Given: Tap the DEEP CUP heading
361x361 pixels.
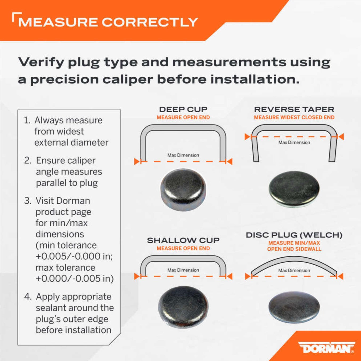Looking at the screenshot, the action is (183, 109).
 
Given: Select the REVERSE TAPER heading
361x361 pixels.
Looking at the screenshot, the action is (294, 109).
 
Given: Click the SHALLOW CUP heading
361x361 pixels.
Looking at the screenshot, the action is (183, 240).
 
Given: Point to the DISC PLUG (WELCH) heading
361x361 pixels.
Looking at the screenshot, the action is (294, 235).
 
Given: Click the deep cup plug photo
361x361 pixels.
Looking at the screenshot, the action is (183, 189).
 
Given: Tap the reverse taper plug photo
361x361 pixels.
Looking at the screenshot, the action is (294, 189).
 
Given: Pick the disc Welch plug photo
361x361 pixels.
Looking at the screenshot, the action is (294, 307).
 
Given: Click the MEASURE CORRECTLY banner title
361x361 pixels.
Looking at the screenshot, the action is (108, 22).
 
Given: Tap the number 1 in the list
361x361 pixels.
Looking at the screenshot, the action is (27, 120).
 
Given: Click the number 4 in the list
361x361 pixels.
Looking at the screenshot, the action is (27, 297).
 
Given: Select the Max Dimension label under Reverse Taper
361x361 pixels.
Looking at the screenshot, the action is (294, 142).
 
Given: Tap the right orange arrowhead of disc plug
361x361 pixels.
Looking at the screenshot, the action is (341, 276).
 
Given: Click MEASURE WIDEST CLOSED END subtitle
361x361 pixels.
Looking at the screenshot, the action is (294, 118).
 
